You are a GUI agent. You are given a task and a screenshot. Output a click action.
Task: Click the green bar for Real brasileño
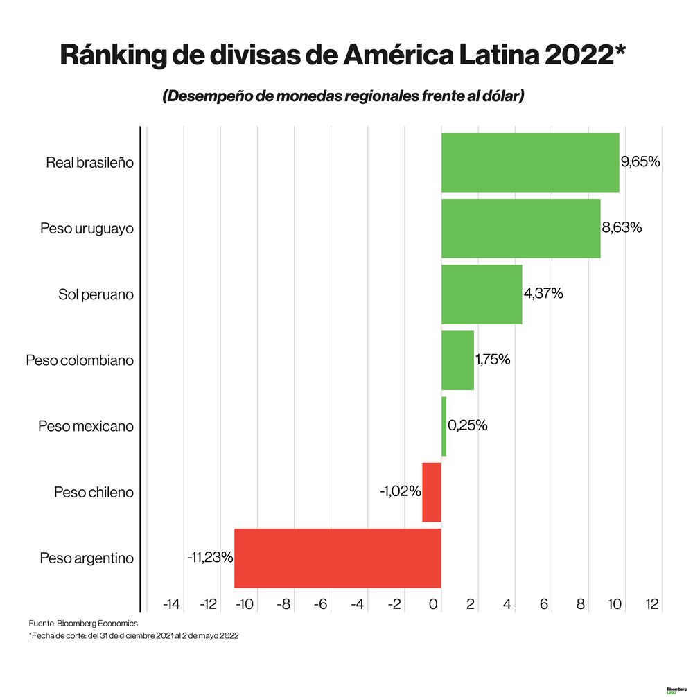530,162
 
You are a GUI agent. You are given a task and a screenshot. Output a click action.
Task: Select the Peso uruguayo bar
520,228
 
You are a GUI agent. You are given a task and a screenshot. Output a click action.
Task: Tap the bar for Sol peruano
482,294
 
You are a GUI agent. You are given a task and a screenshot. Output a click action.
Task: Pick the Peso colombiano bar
457,360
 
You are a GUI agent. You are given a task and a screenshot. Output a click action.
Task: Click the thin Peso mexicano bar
444,426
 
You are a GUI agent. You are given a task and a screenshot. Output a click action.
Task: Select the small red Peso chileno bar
432,492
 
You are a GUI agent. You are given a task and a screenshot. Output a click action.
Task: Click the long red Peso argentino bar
337,558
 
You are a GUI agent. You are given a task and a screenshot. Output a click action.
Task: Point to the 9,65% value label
640,162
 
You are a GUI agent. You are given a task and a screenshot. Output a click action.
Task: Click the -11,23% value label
209,557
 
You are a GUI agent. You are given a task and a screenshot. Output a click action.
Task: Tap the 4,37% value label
543,294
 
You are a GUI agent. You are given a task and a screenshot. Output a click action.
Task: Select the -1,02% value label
400,491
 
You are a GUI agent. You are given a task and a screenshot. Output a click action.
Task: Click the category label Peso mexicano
86,426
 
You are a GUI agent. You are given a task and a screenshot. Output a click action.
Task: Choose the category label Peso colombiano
80,360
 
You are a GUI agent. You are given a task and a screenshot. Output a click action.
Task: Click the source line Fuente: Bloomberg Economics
83,624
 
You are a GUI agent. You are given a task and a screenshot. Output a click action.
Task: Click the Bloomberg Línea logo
676,690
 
